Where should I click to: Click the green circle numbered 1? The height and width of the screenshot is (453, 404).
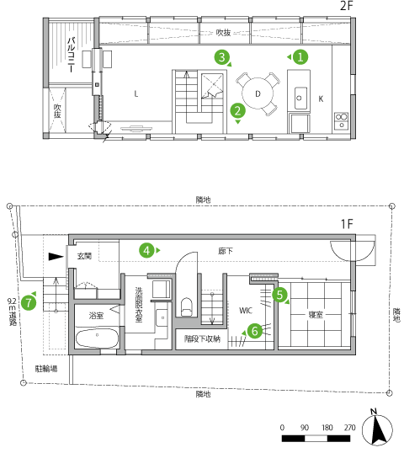tap(300, 57)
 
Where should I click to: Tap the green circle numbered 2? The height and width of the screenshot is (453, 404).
tap(237, 110)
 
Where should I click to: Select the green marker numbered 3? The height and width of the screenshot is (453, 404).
tap(222, 57)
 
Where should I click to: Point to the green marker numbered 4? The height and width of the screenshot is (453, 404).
tap(146, 250)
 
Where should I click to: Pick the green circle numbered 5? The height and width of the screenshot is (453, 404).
tap(279, 295)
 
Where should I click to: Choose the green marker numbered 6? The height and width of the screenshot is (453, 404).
tap(254, 331)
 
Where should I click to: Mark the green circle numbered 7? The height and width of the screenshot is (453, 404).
tap(29, 303)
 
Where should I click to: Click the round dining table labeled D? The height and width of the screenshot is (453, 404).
tap(258, 93)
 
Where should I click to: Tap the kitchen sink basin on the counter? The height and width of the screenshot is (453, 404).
tap(300, 98)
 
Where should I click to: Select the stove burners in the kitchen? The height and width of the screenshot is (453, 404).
tap(341, 120)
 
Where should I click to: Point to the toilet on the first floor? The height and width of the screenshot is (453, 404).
tap(187, 306)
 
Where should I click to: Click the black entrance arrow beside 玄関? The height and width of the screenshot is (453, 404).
tap(56, 257)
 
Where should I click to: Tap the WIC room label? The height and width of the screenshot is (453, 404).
tap(246, 311)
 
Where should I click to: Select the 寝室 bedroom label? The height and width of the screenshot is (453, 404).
tap(316, 315)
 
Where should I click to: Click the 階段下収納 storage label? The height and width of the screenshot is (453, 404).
tap(202, 338)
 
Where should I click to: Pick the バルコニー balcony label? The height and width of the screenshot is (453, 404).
tap(71, 54)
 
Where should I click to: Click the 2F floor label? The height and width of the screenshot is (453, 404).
tap(347, 6)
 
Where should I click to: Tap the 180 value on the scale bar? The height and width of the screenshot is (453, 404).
tap(327, 427)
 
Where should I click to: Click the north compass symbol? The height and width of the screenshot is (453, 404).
tap(377, 428)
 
